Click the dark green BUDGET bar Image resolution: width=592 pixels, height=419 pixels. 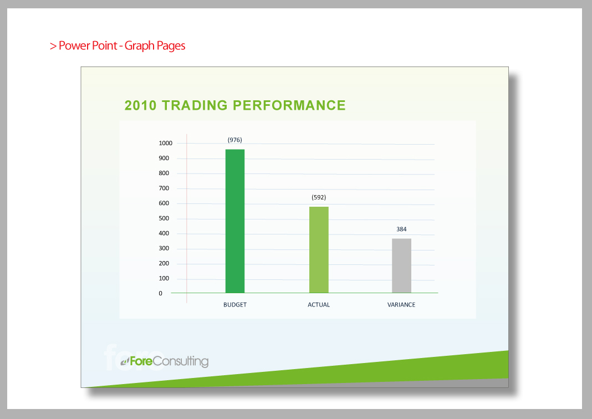coord(235,221)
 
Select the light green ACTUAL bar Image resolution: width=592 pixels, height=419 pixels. coord(319,249)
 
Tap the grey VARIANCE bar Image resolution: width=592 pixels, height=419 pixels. coord(401,265)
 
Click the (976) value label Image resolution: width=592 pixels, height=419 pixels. coord(235,140)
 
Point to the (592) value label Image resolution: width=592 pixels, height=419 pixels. coord(319,197)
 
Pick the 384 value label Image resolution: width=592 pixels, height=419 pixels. coord(401,229)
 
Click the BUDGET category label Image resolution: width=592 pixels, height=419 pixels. coord(235,305)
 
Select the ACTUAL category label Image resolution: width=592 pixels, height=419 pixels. coord(319,305)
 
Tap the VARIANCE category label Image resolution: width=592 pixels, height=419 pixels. coord(401,305)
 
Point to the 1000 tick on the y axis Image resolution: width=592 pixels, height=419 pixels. coord(165,143)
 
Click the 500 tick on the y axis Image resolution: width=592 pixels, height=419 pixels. coord(164,218)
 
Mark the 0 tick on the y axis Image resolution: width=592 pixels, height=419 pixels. coord(160,293)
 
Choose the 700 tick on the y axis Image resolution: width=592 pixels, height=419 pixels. coord(164,188)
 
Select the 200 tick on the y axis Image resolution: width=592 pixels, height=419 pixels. coord(164,263)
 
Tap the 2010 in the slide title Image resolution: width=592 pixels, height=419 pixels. coord(140,105)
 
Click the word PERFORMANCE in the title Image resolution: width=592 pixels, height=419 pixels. coord(289,105)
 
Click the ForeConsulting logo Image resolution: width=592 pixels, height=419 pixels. coord(165,361)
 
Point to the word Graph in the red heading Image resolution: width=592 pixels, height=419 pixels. coord(139,46)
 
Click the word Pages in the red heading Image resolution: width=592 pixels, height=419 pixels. coord(171,46)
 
